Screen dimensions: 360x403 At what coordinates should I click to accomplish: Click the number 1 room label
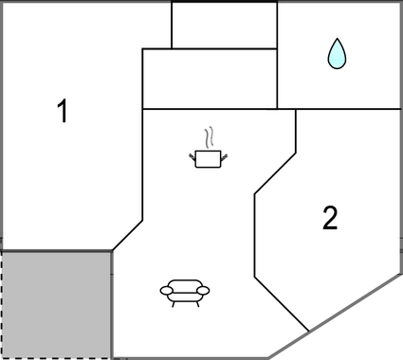tap(63, 113)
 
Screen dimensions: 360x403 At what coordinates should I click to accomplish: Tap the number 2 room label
tap(329, 219)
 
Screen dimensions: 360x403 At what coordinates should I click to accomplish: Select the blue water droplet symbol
tap(336, 54)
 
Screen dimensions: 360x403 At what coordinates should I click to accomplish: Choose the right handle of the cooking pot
tap(226, 155)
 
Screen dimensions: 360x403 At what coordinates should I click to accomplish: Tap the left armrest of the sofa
tap(166, 290)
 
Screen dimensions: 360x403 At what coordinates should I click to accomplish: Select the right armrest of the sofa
tap(203, 290)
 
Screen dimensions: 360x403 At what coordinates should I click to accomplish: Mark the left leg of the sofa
tap(171, 302)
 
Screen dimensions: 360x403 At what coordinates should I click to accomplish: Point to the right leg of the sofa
tap(197, 302)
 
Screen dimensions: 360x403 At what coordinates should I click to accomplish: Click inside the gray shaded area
tap(57, 303)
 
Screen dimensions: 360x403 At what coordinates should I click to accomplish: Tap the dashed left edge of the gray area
tap(2, 303)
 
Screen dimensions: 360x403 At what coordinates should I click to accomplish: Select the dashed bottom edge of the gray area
tap(57, 358)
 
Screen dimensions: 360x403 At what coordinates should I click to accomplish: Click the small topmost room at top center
tap(224, 25)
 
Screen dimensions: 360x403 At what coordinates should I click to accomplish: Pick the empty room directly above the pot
tap(209, 79)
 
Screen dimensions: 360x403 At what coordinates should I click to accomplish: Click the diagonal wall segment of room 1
tap(127, 236)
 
